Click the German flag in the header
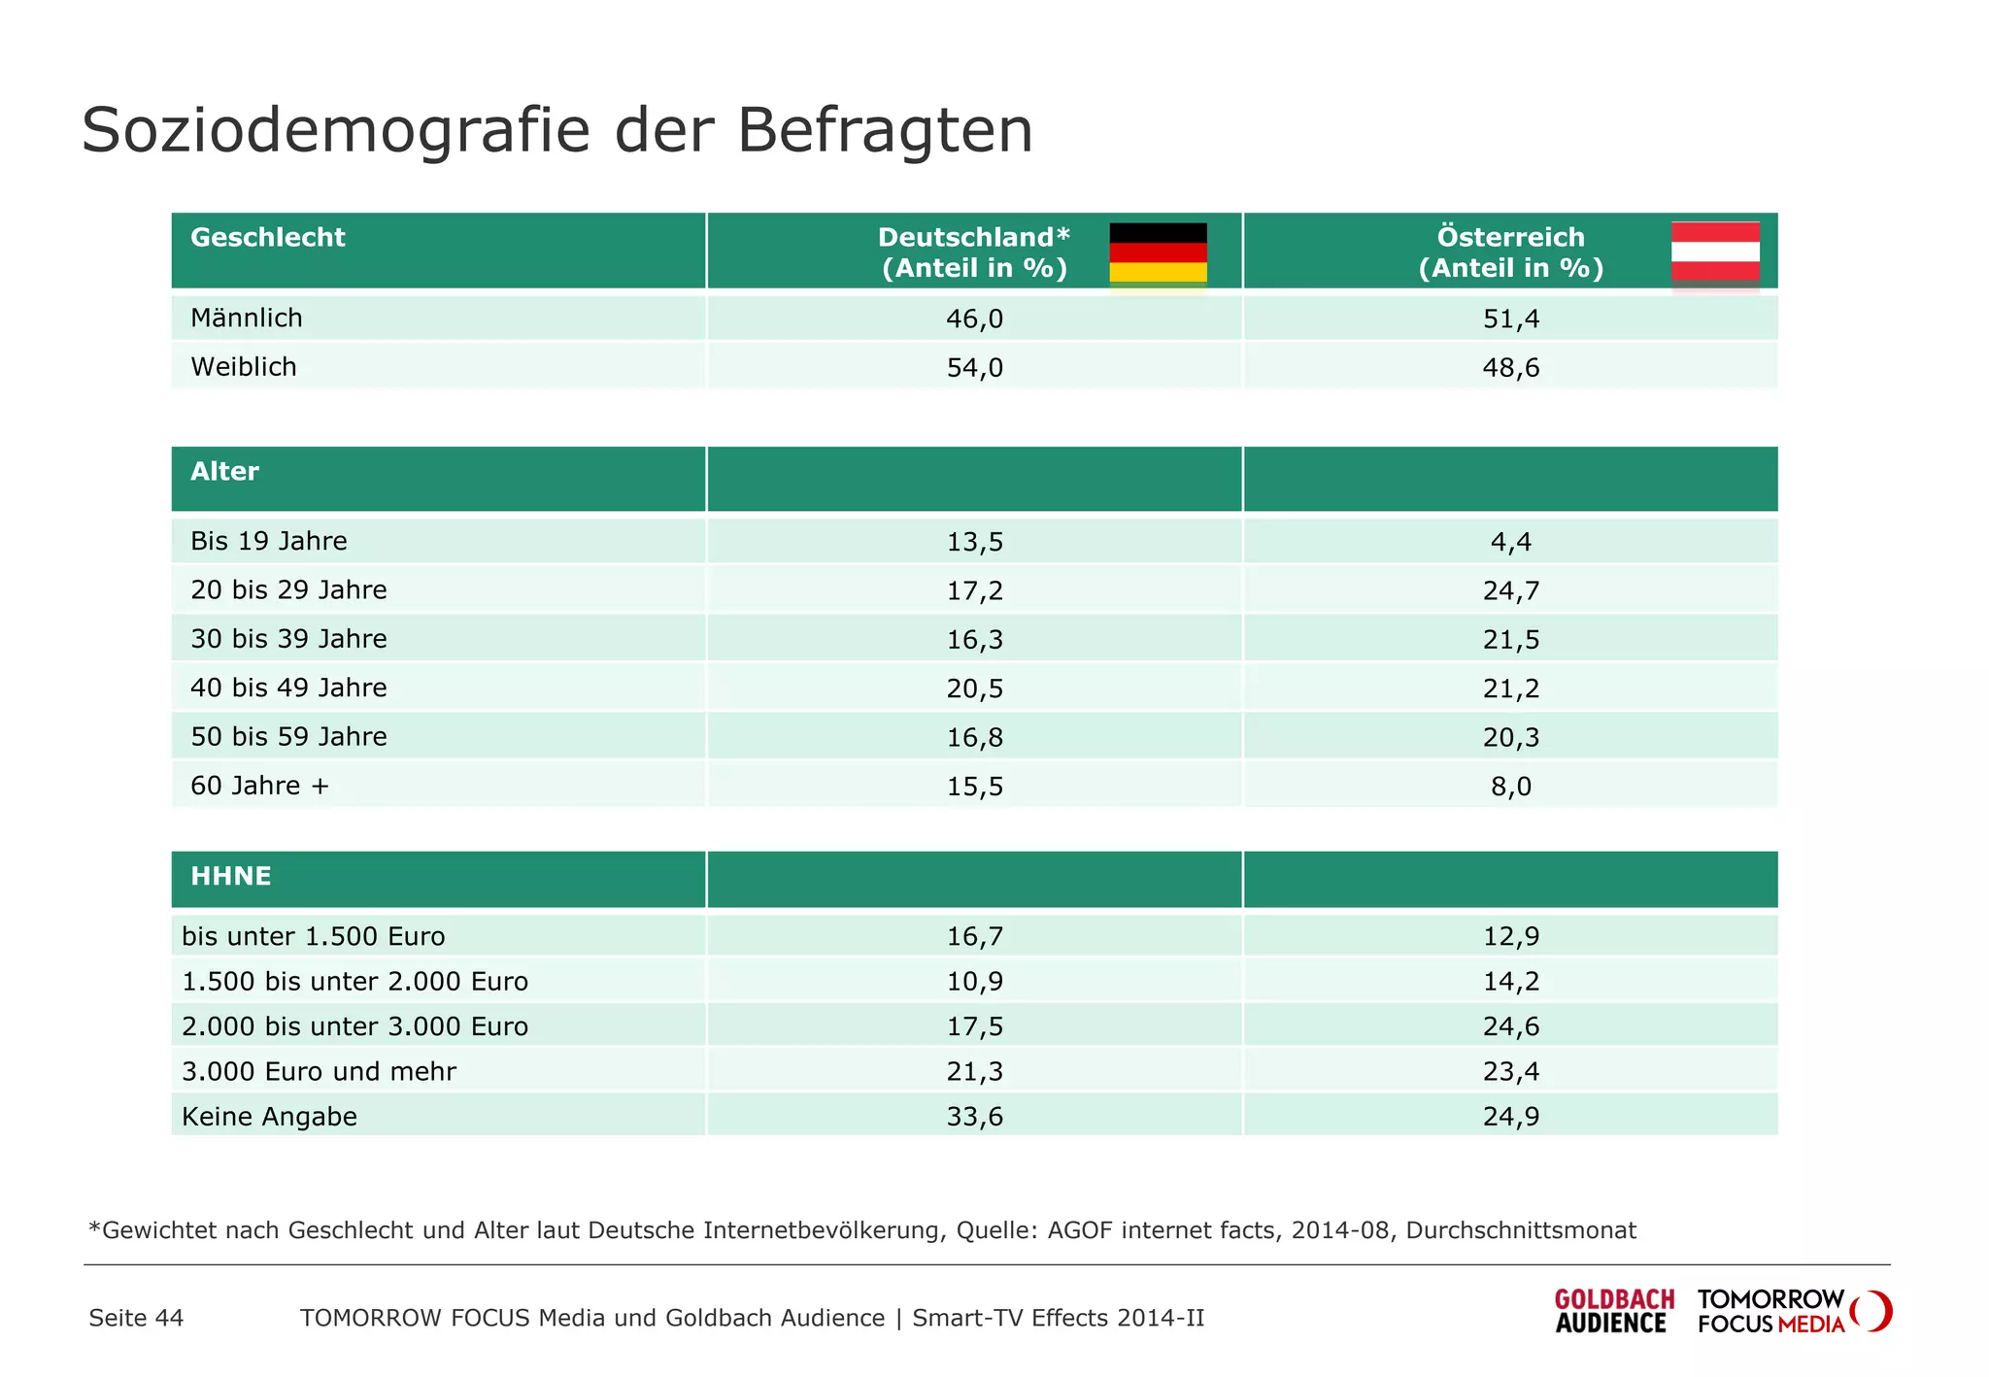pos(1158,252)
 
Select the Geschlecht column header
pos(268,237)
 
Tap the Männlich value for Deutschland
pos(974,319)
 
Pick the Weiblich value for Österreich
pos(1510,368)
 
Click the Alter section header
pos(225,472)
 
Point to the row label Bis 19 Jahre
pos(269,541)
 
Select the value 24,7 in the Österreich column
pos(1510,590)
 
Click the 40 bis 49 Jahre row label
pos(288,688)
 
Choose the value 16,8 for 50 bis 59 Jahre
pos(974,737)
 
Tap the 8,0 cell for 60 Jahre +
pos(1510,787)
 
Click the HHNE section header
pos(231,877)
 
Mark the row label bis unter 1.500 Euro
pos(313,936)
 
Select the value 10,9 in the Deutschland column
pos(974,982)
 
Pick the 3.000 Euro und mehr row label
pos(319,1071)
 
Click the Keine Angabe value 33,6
pos(974,1117)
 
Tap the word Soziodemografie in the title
pos(335,130)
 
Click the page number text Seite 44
pos(136,1318)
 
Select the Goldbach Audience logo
pos(1613,1311)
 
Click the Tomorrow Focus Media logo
pos(1792,1311)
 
